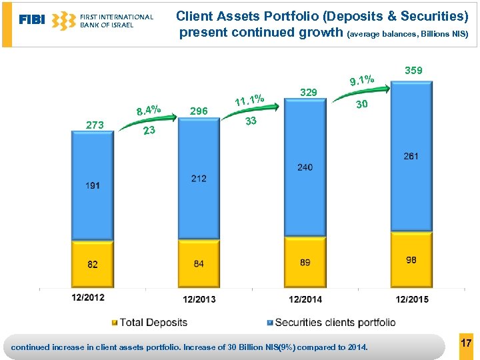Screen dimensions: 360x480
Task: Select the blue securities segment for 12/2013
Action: click(x=199, y=187)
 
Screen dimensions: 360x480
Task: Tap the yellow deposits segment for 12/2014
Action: click(x=305, y=262)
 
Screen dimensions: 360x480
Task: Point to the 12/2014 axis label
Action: click(x=305, y=299)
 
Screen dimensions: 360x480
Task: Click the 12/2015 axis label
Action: click(x=411, y=299)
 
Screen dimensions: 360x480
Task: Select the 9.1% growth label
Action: click(x=361, y=81)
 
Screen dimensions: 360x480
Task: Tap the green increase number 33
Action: click(x=251, y=121)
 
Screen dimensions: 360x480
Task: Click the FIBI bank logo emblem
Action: click(x=64, y=21)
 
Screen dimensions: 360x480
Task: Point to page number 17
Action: click(x=466, y=343)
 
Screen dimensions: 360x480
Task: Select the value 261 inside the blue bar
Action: click(x=411, y=157)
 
